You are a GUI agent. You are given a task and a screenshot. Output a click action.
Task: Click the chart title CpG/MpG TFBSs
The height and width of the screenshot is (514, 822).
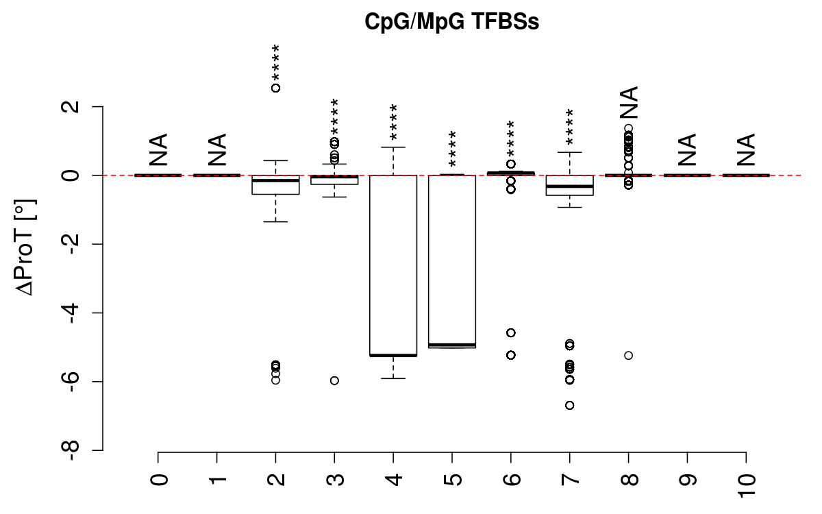click(452, 22)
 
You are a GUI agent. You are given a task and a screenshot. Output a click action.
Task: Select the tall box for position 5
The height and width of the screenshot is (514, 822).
click(452, 261)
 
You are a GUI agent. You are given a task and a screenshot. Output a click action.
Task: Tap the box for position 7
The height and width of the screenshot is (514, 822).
click(569, 185)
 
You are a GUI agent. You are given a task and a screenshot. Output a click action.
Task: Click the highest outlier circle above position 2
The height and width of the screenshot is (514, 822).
click(275, 88)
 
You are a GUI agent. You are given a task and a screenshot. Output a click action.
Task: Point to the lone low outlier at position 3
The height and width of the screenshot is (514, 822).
click(334, 380)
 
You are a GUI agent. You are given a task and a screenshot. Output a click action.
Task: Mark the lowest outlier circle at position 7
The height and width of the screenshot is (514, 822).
click(569, 405)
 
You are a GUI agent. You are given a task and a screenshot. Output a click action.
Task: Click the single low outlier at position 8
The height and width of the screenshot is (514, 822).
click(628, 355)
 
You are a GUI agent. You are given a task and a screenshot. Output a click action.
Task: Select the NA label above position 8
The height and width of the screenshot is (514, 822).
click(628, 103)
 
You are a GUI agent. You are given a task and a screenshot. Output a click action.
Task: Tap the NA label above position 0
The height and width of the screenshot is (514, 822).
click(158, 150)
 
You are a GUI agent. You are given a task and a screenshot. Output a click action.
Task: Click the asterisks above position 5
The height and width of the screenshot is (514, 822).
click(452, 149)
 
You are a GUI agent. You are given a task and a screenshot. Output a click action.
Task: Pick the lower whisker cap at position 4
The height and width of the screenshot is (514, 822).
click(393, 378)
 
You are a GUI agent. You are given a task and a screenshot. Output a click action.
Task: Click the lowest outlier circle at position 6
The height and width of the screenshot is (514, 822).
click(510, 355)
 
